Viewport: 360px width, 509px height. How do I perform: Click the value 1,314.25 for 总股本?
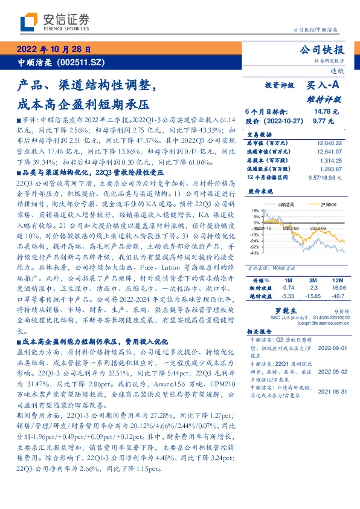pos(332,161)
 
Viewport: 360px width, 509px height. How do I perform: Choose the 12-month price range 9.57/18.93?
pos(326,178)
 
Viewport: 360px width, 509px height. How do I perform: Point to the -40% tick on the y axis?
pos(255,253)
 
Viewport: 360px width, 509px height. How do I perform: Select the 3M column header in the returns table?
pos(313,281)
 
